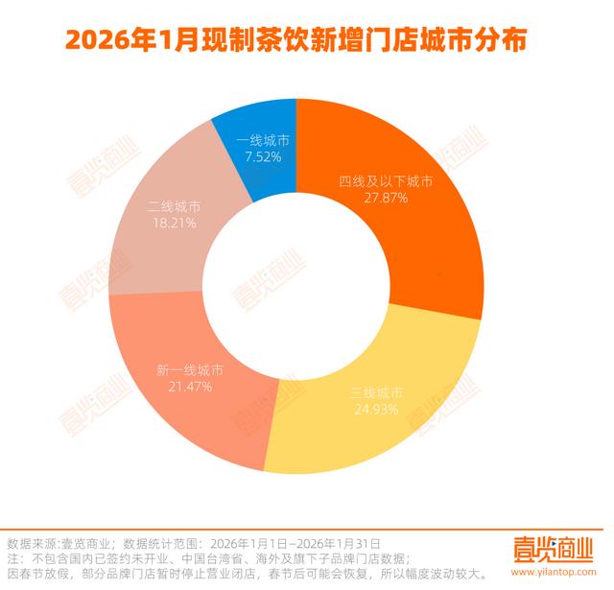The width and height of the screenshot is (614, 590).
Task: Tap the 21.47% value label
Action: [189, 386]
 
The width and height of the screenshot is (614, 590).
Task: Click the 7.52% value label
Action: [261, 155]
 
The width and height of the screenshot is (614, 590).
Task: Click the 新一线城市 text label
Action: [189, 369]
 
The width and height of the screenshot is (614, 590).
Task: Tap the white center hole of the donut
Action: [295, 294]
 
